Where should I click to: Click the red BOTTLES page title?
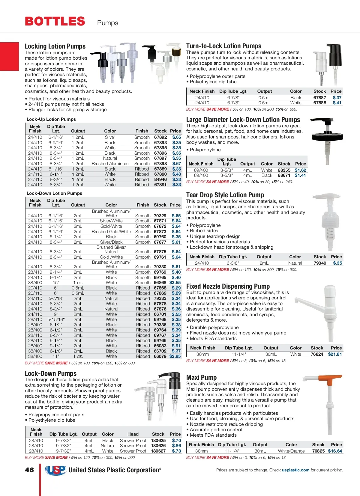55,21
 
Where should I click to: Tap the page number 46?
29,470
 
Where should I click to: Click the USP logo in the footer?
55,470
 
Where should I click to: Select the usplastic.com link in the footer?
295,470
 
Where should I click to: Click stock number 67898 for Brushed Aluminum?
160,164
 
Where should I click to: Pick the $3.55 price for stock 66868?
175,283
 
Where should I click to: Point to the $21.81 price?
335,354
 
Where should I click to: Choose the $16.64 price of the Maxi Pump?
335,451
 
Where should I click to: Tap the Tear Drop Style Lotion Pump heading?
225,195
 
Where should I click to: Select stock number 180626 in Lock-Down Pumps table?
158,446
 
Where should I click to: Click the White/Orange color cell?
291,451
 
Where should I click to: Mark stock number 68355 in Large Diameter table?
284,170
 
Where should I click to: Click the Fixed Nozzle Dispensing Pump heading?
228,286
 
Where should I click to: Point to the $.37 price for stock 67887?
337,98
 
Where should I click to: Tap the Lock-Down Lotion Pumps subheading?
54,193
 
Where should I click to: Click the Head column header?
133,434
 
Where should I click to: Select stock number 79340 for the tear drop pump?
320,263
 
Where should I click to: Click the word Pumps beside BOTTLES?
107,23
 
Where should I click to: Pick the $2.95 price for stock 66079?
175,356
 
